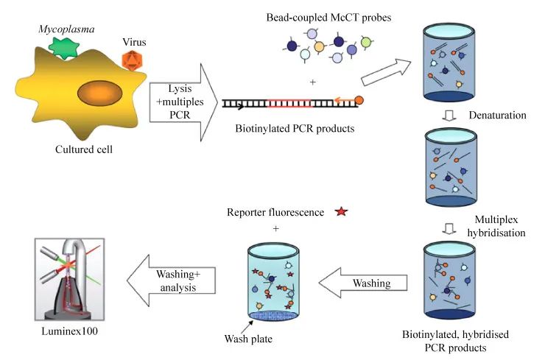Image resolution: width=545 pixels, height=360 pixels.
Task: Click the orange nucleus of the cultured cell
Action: tap(100, 93)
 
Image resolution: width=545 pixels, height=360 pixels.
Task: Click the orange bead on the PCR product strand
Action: tap(359, 101)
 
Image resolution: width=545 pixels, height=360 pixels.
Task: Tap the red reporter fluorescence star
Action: tap(340, 212)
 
